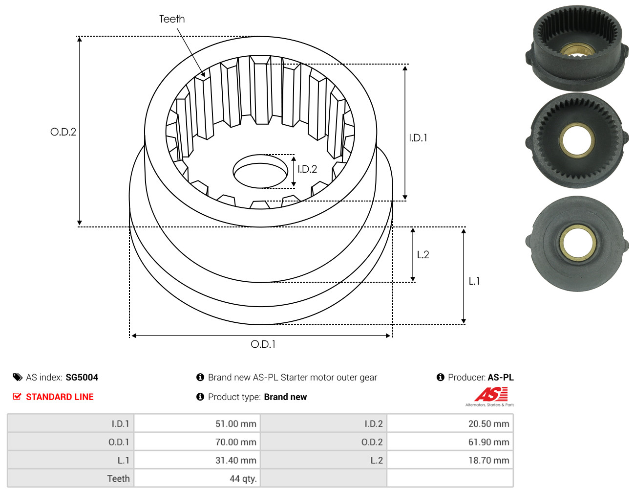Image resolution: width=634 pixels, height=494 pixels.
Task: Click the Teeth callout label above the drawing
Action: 172,19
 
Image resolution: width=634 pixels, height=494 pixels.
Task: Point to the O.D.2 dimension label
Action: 63,132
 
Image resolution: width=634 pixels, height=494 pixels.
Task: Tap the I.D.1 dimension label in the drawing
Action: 418,138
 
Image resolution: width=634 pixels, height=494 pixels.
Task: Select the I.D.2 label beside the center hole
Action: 307,169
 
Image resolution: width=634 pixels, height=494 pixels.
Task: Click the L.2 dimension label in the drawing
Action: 423,255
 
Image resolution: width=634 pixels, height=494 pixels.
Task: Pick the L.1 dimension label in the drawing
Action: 474,281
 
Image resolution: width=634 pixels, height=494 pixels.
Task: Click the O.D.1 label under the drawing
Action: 263,344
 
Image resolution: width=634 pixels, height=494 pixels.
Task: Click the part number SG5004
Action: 82,378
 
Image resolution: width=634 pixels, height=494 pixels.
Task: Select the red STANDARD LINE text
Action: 60,397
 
